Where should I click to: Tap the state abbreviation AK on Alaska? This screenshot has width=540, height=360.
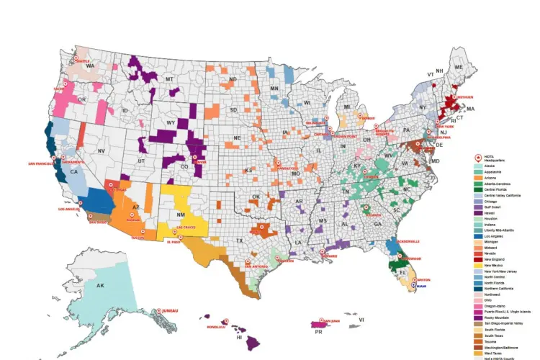point(100,286)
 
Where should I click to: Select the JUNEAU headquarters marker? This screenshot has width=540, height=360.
point(157,311)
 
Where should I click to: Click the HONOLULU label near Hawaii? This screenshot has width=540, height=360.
point(216,326)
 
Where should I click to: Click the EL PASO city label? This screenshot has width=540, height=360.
point(174,242)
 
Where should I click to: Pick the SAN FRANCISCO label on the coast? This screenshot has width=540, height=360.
point(41,163)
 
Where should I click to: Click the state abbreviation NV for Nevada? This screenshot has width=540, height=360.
point(101,150)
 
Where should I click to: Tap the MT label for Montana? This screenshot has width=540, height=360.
point(170,78)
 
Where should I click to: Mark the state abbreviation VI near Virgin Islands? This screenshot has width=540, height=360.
point(361,330)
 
